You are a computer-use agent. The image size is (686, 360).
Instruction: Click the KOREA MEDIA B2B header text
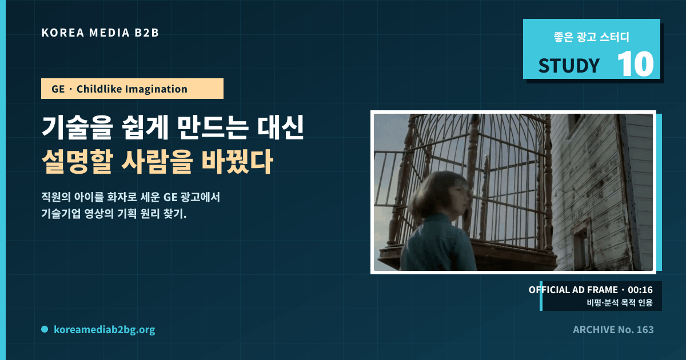100,33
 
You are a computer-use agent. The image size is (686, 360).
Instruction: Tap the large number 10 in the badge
636,64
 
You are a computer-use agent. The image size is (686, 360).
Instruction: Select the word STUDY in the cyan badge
569,66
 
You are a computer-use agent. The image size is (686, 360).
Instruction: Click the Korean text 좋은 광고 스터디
591,37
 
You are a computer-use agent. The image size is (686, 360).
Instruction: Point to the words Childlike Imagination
131,89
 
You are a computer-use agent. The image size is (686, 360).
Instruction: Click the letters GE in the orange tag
58,89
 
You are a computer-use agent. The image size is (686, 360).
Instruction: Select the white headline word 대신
280,127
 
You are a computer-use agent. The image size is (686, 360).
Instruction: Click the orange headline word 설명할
77,162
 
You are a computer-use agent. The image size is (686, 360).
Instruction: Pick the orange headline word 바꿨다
237,162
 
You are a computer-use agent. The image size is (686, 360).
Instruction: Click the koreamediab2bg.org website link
105,330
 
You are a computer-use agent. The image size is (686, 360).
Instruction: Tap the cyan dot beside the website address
45,329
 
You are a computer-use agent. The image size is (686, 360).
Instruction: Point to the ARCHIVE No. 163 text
613,330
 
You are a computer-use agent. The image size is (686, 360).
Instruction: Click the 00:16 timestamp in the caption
640,290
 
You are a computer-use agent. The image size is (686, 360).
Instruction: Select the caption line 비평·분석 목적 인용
620,303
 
